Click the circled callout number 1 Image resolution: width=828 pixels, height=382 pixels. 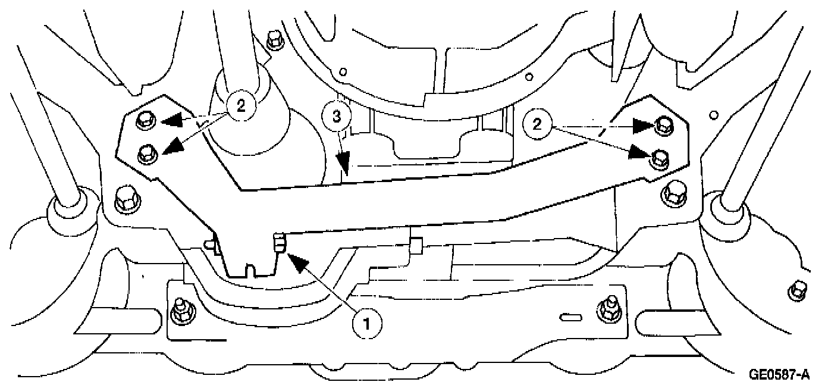[366, 323]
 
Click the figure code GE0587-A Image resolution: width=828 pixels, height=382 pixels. [779, 374]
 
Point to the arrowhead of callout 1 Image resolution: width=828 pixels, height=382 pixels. [297, 262]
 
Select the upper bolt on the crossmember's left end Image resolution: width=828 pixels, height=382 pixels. [143, 122]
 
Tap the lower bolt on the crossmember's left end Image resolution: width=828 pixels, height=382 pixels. [145, 156]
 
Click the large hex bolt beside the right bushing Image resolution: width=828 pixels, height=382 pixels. [675, 191]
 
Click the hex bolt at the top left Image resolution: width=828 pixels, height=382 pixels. [274, 39]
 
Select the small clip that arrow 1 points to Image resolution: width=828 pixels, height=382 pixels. [278, 243]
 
